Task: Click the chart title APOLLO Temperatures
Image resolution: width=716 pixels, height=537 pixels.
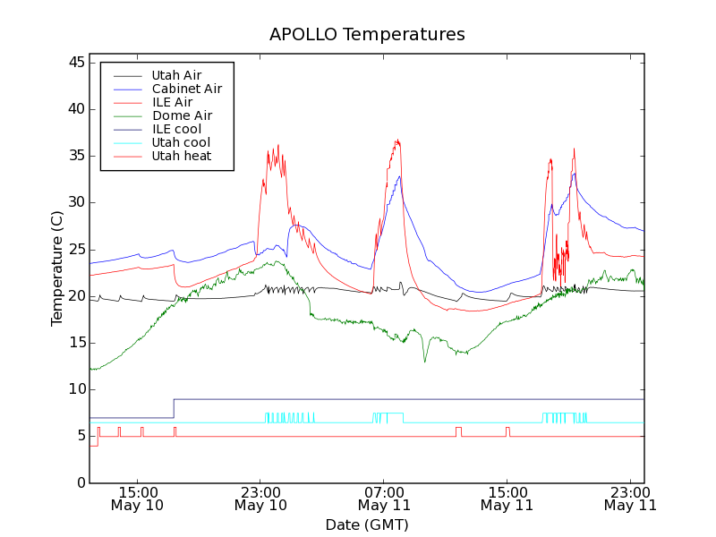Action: (x=367, y=35)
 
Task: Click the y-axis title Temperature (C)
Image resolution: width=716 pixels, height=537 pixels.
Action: (x=57, y=268)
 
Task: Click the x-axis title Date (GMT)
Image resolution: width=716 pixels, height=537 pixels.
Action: (x=366, y=524)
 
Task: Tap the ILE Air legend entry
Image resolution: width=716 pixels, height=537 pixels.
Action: (x=172, y=102)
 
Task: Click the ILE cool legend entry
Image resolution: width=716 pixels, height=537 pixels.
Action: (x=176, y=129)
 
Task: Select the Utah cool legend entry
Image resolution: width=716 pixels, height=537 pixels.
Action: (x=181, y=142)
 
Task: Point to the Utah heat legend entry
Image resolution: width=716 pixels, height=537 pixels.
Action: (x=181, y=156)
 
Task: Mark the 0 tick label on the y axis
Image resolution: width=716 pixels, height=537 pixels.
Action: (x=80, y=482)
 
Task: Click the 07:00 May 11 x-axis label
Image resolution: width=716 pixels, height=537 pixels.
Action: (x=384, y=498)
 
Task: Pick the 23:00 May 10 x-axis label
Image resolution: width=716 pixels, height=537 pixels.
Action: (x=260, y=498)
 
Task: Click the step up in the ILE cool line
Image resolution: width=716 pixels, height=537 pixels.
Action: (x=174, y=408)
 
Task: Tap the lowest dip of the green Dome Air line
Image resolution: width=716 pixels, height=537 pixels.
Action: (x=425, y=362)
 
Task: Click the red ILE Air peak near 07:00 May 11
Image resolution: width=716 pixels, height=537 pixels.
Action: (x=397, y=140)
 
